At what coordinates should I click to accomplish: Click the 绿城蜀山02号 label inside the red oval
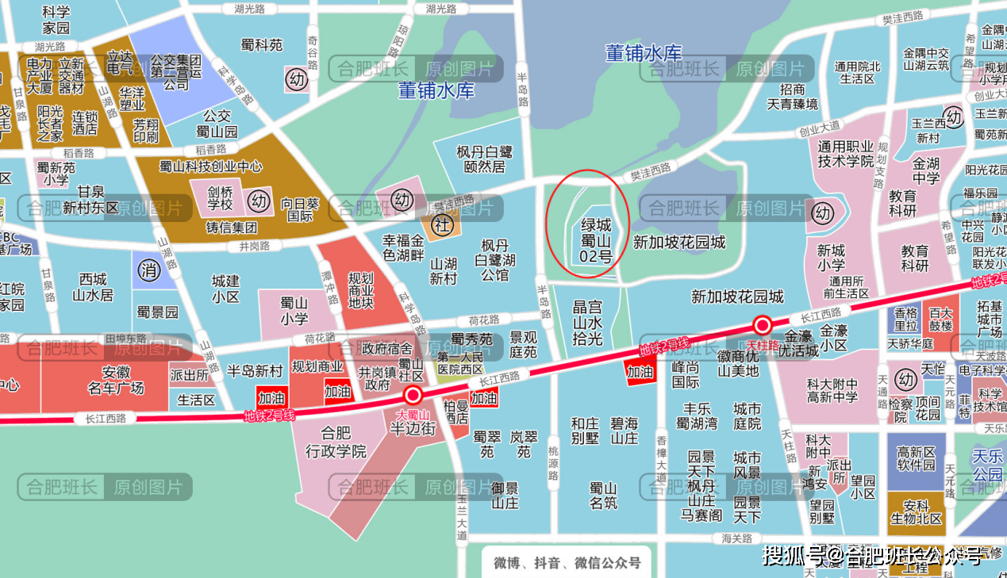pos(595,240)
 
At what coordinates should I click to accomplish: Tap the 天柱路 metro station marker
pos(763,325)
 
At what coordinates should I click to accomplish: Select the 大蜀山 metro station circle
pos(413,396)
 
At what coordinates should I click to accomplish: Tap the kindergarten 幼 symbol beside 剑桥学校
pos(259,201)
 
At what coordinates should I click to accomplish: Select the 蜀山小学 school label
pos(294,311)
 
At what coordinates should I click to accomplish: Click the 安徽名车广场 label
pos(117,380)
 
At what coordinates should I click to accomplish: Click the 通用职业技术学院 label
pos(846,154)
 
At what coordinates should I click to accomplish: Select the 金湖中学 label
pos(926,170)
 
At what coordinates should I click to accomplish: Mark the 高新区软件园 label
pos(917,457)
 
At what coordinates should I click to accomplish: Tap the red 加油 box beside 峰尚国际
pos(640,371)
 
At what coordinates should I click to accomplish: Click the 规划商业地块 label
pos(361,291)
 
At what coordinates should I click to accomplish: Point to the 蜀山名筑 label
pos(603,495)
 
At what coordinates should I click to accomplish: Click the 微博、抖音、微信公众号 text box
pos(567,563)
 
